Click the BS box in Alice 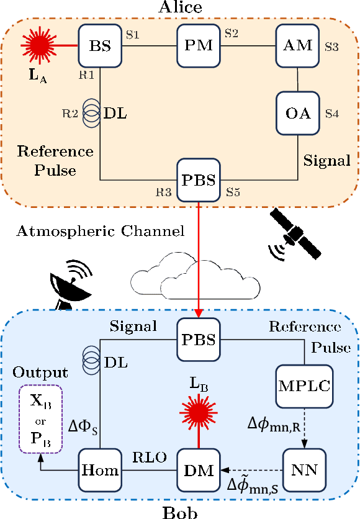(x=100, y=46)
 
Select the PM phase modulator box (x=198, y=46)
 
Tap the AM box (x=298, y=46)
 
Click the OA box (x=298, y=112)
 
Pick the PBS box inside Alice (x=198, y=180)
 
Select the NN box (x=304, y=470)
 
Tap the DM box (x=198, y=470)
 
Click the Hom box (x=100, y=470)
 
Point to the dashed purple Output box (x=42, y=407)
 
